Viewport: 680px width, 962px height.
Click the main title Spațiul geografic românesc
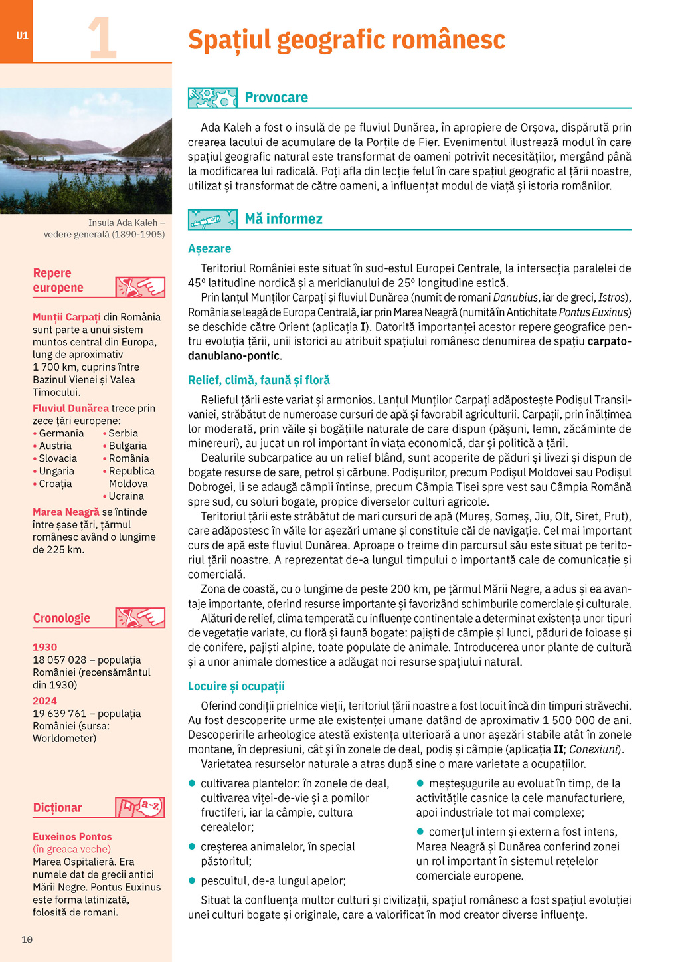click(346, 39)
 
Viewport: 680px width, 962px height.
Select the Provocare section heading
click(276, 98)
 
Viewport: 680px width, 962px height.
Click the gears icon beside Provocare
click(212, 98)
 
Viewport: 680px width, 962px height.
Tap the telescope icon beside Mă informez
click(212, 219)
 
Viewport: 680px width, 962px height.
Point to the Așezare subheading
click(209, 248)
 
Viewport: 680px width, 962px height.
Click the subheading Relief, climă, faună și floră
click(258, 380)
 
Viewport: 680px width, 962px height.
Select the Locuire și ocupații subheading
click(236, 686)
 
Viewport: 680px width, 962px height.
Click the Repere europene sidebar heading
click(58, 280)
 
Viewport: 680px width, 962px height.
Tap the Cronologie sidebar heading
click(61, 618)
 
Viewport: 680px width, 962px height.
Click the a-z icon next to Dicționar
click(140, 807)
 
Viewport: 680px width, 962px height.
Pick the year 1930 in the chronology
click(44, 647)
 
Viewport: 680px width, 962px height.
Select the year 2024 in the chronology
click(44, 701)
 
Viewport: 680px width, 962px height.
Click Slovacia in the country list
click(58, 458)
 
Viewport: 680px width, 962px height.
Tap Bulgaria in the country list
click(127, 446)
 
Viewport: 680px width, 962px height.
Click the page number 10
click(27, 939)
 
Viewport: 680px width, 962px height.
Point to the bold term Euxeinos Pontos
click(72, 837)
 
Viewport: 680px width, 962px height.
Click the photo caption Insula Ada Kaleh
click(126, 223)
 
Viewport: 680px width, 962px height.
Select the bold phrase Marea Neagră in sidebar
click(66, 512)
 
